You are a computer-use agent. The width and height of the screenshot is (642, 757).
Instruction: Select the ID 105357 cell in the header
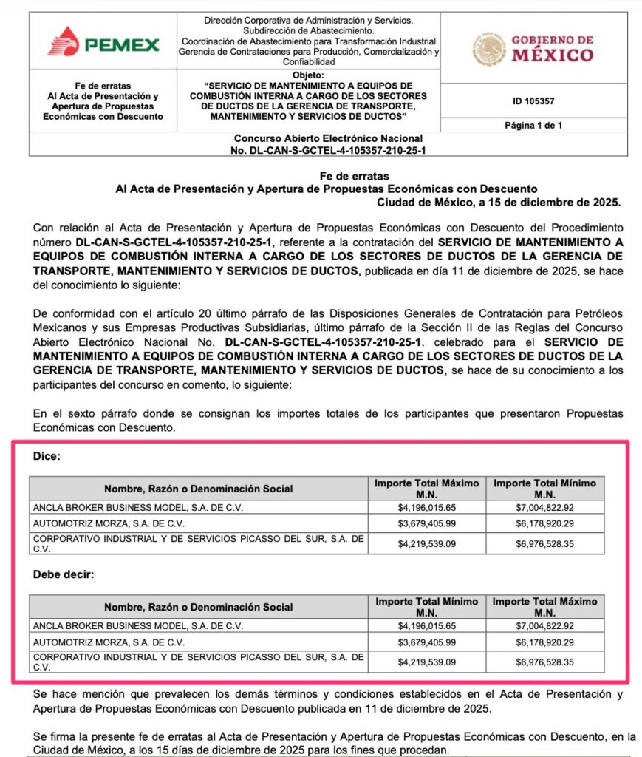pyautogui.click(x=533, y=101)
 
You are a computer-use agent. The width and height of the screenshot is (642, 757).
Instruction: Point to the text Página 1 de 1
pyautogui.click(x=533, y=126)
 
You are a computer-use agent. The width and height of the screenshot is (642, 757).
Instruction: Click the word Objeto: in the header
pyautogui.click(x=307, y=75)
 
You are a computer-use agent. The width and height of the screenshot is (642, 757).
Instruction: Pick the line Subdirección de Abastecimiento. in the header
pyautogui.click(x=307, y=32)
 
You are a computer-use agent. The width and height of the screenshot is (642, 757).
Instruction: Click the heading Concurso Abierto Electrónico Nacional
pyautogui.click(x=328, y=138)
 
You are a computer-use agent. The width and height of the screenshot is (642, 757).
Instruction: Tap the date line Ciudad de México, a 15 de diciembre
pyautogui.click(x=499, y=202)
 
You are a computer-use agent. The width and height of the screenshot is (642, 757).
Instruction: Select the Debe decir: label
pyautogui.click(x=63, y=574)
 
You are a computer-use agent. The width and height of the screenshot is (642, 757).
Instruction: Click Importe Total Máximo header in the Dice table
pyautogui.click(x=426, y=488)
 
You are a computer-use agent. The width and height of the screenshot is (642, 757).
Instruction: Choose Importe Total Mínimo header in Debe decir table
pyautogui.click(x=426, y=607)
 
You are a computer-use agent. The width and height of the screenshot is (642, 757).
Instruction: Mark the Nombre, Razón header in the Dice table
pyautogui.click(x=198, y=489)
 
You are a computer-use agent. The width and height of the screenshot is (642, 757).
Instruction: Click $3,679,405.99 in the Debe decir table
pyautogui.click(x=426, y=642)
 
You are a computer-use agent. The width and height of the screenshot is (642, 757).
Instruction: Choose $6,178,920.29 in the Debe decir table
pyautogui.click(x=544, y=642)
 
